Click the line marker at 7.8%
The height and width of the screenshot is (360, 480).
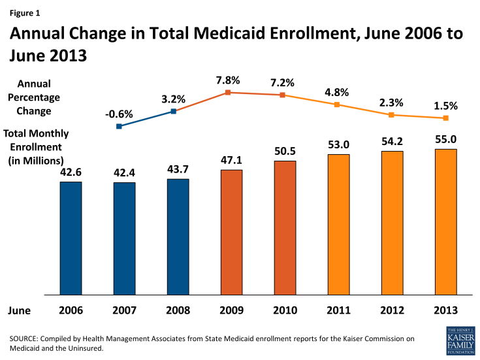tap(228, 93)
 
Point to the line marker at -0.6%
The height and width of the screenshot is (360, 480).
tap(119, 126)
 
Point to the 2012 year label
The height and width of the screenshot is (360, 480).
tap(392, 311)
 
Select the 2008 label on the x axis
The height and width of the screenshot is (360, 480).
tap(178, 311)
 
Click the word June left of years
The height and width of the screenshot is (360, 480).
tap(21, 311)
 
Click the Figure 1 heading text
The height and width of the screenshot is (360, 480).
tap(25, 10)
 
